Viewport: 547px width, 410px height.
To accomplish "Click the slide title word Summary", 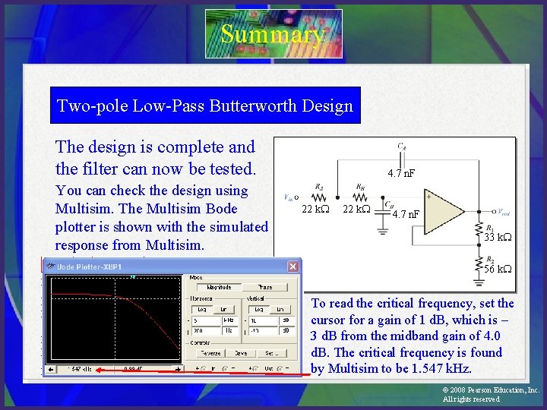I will (x=273, y=34).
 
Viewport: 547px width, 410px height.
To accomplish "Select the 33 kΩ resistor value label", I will (x=498, y=238).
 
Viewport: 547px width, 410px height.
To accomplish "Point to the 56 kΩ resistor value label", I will (x=498, y=270).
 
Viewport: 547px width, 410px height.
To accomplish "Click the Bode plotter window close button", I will (x=292, y=266).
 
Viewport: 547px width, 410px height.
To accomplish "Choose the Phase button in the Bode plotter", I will (x=265, y=287).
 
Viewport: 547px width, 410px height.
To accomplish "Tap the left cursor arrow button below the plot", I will (x=50, y=369).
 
